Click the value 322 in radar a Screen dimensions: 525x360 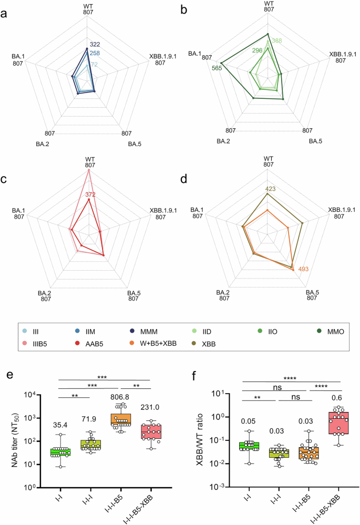(95, 44)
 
